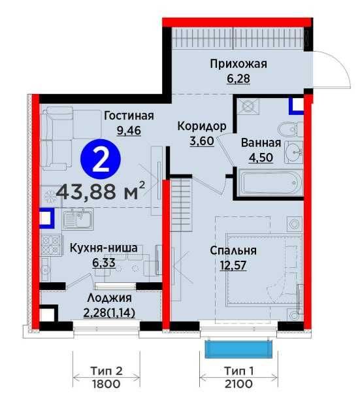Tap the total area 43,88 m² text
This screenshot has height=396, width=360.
point(100,192)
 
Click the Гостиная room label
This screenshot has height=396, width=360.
point(129,116)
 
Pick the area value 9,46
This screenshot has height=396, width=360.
point(129,129)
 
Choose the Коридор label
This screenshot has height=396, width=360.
point(203,126)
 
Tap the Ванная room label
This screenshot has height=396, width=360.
point(261,143)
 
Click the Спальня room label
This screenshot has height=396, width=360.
point(233,250)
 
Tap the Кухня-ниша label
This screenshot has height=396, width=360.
point(105,248)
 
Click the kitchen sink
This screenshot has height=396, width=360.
point(78,218)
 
